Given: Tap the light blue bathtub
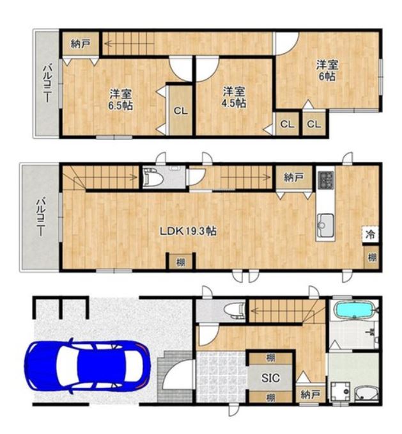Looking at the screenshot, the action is click(x=355, y=309).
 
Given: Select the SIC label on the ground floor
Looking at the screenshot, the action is click(x=270, y=378).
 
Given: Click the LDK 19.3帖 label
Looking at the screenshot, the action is click(x=188, y=231).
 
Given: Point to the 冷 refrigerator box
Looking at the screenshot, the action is click(x=370, y=234).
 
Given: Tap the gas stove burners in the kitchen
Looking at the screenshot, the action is click(x=326, y=180).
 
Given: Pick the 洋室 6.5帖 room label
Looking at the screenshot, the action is click(x=120, y=100).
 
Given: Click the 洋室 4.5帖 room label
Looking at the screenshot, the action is click(x=234, y=97).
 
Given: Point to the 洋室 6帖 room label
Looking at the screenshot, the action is click(x=327, y=70).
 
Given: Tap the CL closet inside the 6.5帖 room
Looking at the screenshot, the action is click(x=180, y=111).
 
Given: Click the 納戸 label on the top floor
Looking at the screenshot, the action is click(x=81, y=44).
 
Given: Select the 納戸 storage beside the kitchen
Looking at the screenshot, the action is click(x=294, y=177).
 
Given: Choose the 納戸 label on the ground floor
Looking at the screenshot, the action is click(x=310, y=394).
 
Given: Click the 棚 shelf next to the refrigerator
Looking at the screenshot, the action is click(x=371, y=257).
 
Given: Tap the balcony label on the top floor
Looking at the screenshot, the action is click(x=47, y=83).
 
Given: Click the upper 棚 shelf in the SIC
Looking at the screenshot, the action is click(x=271, y=358).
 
